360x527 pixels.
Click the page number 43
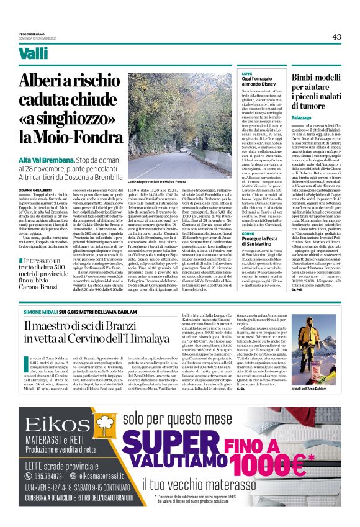(336, 37)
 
